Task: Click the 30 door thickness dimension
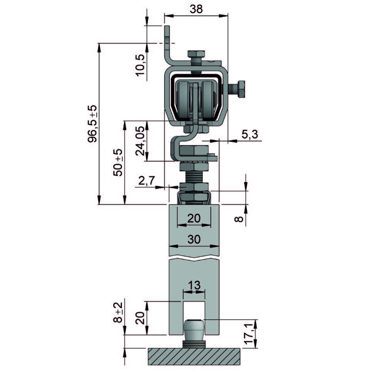coord(194,239)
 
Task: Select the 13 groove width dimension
coord(194,286)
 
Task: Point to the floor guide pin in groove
coord(194,331)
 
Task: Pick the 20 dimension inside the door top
coord(194,218)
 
